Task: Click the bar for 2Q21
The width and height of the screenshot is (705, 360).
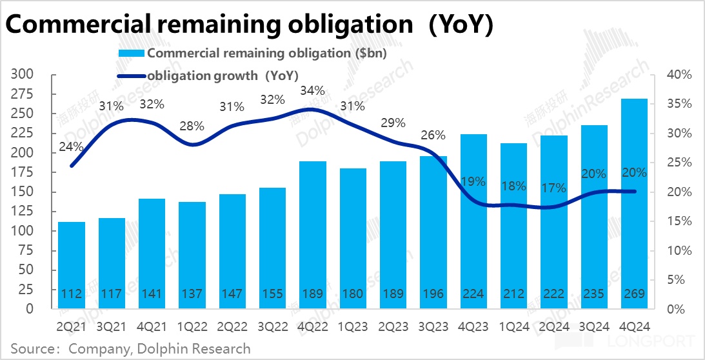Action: pyautogui.click(x=71, y=265)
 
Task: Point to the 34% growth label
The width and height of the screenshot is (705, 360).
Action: pyautogui.click(x=312, y=91)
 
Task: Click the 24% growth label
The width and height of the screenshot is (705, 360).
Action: pyautogui.click(x=71, y=146)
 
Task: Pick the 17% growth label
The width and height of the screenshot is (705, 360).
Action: pyautogui.click(x=553, y=188)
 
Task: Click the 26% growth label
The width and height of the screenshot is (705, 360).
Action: pyautogui.click(x=433, y=135)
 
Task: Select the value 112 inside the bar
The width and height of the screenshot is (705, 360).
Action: pyautogui.click(x=71, y=294)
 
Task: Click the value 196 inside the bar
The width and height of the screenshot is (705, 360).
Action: pyautogui.click(x=433, y=294)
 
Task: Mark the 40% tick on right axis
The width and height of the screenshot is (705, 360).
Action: pyautogui.click(x=679, y=75)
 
